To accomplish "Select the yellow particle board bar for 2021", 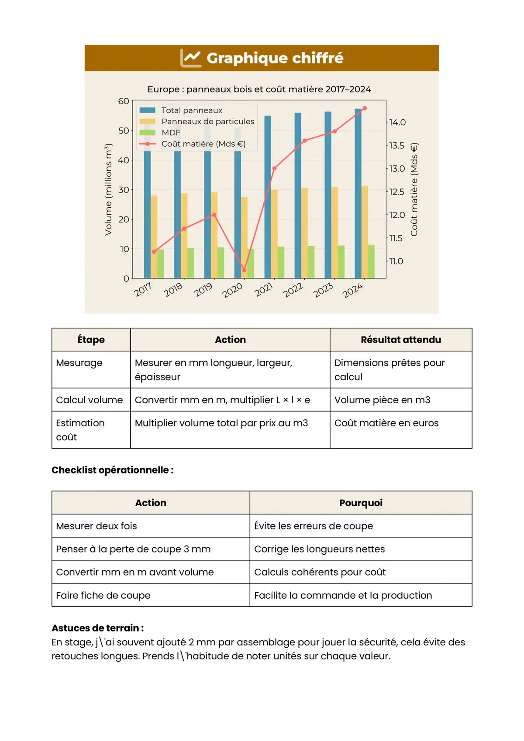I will [274, 233].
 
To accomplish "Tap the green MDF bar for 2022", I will [311, 262].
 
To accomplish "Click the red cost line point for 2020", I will [244, 270].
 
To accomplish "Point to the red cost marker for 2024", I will [365, 108].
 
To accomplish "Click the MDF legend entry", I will [171, 133].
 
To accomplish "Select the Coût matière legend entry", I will [203, 144].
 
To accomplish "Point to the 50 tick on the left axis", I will [124, 130].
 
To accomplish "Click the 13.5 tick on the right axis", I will [396, 145].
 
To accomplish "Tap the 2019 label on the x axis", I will [203, 289].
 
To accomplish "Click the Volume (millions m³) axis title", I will [108, 189].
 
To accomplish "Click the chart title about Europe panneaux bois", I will [259, 89].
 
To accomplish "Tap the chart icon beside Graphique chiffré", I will [191, 58].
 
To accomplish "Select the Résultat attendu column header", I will [400, 340].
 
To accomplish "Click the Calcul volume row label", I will [90, 400].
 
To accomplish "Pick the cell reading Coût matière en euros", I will [386, 423].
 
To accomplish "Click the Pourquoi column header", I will [361, 503].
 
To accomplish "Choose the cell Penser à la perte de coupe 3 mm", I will [133, 549].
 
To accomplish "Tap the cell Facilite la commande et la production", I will [343, 595].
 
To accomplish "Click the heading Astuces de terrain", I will [97, 628].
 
